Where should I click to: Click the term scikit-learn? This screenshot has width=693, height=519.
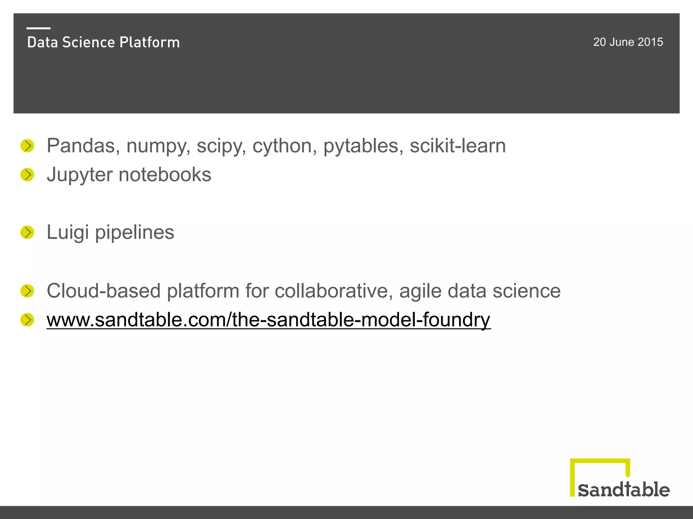point(457,146)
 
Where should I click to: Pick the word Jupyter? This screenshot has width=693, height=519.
point(80,175)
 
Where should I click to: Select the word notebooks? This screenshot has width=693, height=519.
point(165,175)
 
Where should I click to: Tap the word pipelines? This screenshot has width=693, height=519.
point(134,233)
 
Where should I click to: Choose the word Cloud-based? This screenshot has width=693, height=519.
point(103,291)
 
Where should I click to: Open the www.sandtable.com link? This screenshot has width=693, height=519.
point(268,320)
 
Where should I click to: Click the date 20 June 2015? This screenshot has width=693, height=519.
point(628,42)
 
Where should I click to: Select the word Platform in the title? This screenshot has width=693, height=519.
point(150,43)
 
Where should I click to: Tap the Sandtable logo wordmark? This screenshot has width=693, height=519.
point(623,490)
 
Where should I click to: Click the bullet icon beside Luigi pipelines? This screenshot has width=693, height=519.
point(27,232)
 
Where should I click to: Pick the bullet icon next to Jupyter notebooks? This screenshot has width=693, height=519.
point(27,175)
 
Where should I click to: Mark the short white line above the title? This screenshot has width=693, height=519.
point(39,28)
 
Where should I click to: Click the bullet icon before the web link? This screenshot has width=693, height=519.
point(27,320)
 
